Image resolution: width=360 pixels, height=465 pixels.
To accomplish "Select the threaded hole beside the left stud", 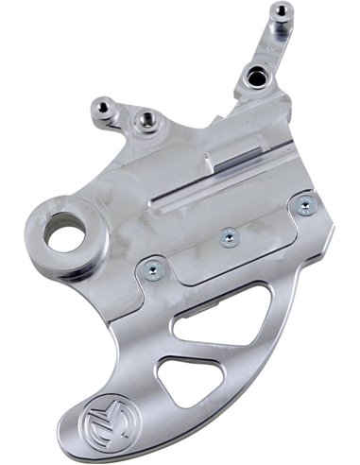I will [146, 118].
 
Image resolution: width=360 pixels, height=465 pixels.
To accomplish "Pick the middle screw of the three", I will [227, 238].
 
